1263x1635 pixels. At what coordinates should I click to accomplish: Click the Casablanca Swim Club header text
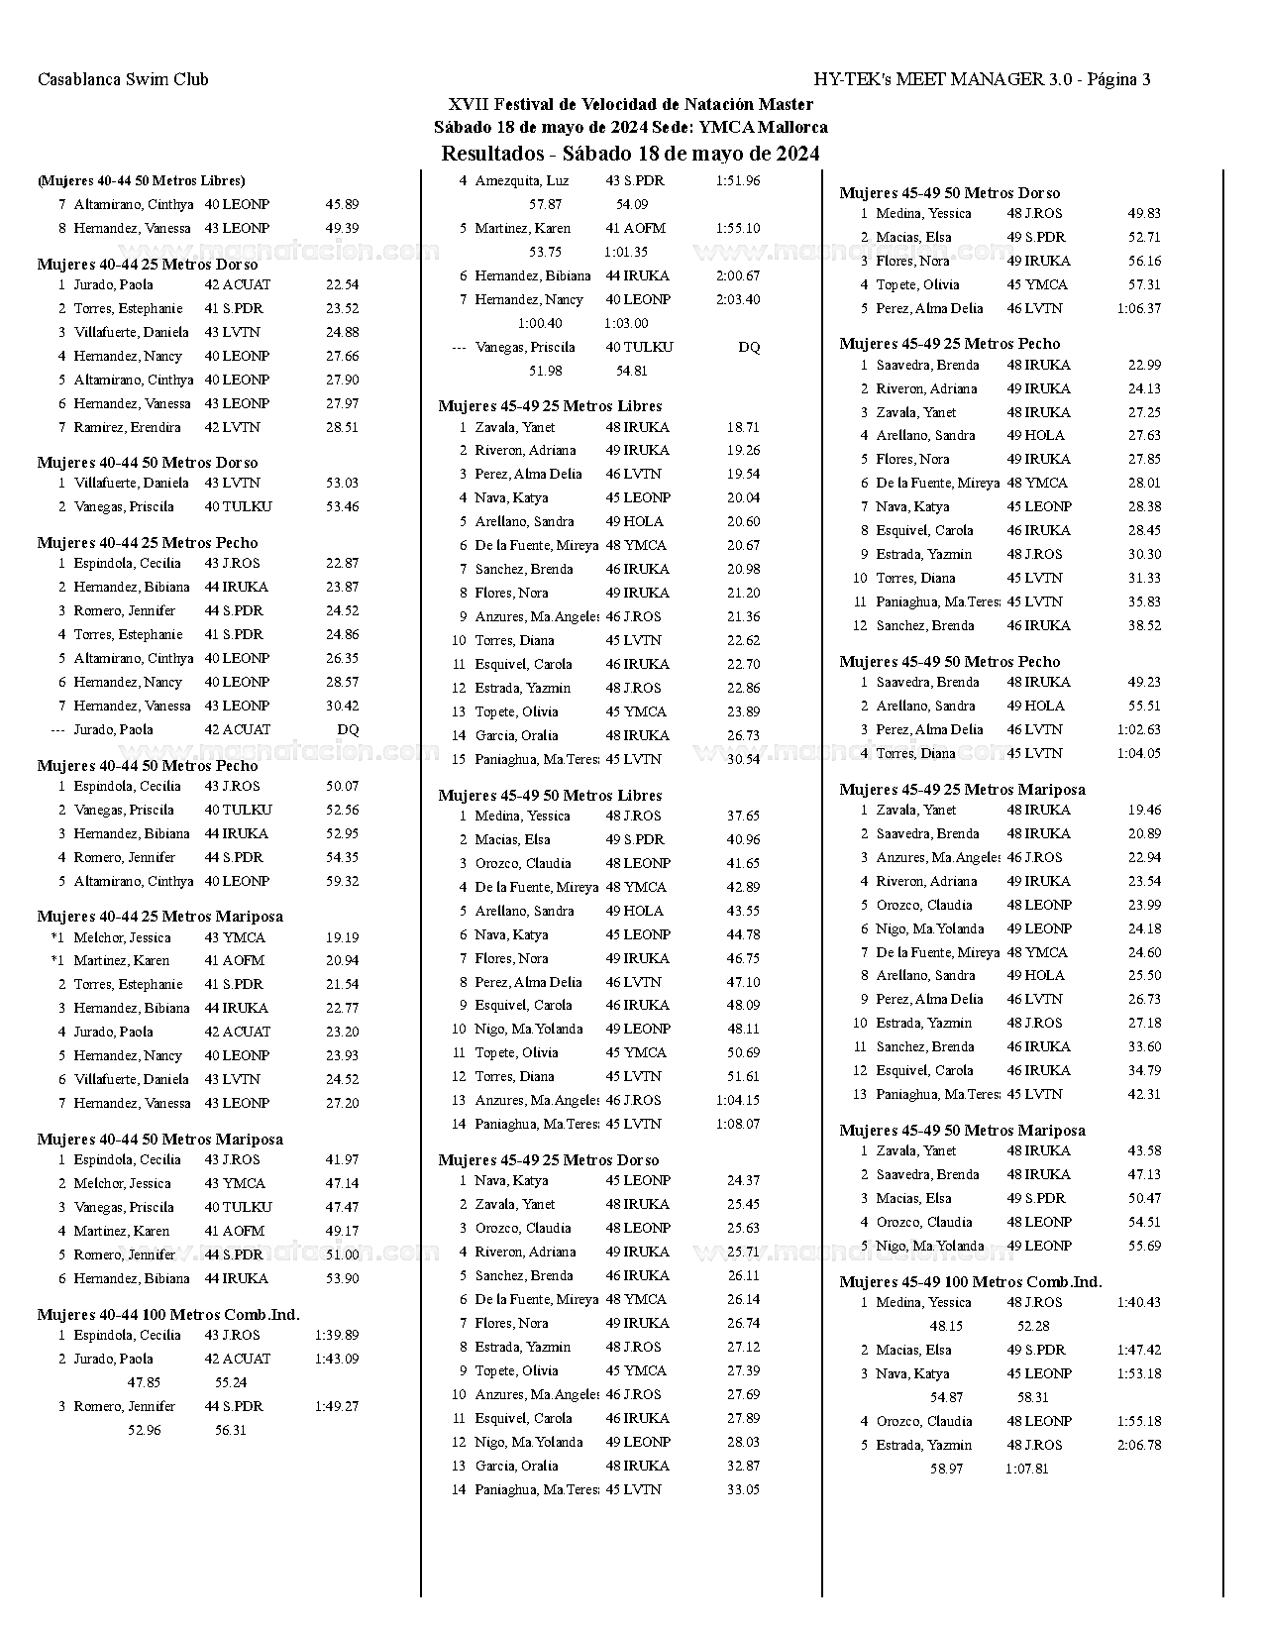[123, 80]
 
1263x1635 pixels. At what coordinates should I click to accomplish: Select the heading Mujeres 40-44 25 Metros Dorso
[148, 265]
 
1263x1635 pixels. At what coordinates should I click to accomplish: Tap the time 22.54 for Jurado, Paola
[342, 285]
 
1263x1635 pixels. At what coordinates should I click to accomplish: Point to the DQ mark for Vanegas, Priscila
[749, 348]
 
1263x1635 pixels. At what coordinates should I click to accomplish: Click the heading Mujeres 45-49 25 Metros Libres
[550, 406]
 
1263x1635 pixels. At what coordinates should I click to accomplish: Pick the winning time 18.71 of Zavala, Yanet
[743, 428]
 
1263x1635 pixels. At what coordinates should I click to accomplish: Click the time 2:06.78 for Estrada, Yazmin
[1139, 1446]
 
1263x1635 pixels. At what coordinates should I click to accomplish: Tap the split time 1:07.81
[1026, 1470]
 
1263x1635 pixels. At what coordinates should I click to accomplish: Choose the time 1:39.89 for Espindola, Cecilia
[337, 1336]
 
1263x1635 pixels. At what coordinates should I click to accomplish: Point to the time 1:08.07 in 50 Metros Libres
[738, 1125]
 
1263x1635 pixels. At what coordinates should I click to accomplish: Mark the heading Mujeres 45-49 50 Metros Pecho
[949, 662]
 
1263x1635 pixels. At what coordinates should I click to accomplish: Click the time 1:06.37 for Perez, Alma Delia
[1139, 309]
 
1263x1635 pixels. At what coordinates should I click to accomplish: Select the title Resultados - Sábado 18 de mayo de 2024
[630, 154]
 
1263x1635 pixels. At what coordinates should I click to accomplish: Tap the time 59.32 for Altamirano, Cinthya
[342, 882]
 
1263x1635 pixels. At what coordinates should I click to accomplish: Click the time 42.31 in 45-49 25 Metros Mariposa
[1144, 1095]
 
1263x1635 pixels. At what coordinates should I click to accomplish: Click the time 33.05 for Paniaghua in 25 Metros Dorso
[743, 1490]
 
